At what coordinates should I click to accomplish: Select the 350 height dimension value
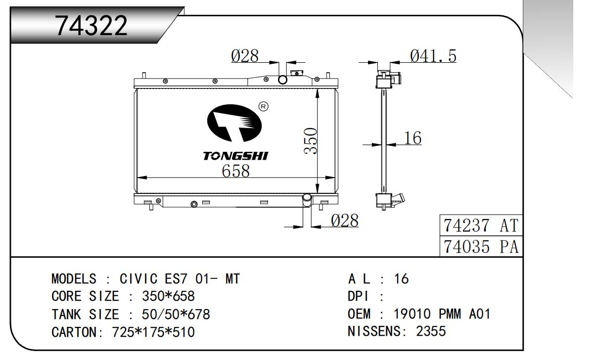click(x=310, y=141)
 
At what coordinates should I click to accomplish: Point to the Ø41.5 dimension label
click(x=433, y=56)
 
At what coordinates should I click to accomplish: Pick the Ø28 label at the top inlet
click(x=245, y=56)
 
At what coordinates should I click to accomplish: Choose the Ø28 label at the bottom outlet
click(x=344, y=221)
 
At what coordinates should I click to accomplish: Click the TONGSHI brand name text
click(x=235, y=156)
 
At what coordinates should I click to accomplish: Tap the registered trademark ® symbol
click(x=264, y=106)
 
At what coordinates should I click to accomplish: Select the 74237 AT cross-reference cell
click(x=481, y=226)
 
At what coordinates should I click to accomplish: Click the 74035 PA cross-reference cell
click(x=481, y=246)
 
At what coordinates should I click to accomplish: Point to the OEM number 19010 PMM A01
click(x=442, y=314)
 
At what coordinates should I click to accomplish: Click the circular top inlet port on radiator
click(x=283, y=80)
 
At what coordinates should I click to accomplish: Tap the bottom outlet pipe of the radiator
click(x=307, y=200)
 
